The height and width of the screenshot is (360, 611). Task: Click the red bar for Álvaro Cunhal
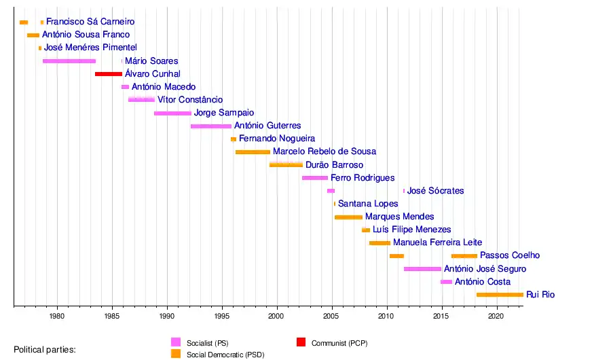[109, 73]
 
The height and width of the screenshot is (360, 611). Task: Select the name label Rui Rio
[540, 295]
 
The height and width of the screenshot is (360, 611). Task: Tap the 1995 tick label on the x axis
[222, 317]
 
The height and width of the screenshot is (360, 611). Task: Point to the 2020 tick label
[497, 317]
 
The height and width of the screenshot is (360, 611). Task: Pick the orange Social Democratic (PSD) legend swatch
[176, 354]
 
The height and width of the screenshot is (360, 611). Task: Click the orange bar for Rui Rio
[500, 295]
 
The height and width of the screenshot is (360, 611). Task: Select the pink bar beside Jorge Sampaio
[172, 113]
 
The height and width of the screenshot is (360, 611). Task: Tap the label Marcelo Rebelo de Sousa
[325, 151]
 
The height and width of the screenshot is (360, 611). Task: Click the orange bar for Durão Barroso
[286, 164]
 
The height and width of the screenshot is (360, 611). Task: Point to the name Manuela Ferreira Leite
[438, 242]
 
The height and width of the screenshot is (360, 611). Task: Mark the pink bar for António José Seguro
[422, 269]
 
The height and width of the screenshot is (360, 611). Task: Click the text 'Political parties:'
[45, 350]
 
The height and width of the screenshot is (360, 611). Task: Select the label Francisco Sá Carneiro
[90, 22]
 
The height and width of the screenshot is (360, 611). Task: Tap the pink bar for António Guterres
[211, 126]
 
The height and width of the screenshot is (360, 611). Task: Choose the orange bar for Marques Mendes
[348, 217]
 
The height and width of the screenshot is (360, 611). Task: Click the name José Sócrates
[435, 191]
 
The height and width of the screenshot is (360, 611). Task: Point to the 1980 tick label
[57, 317]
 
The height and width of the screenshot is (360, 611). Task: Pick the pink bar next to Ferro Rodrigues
[315, 177]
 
